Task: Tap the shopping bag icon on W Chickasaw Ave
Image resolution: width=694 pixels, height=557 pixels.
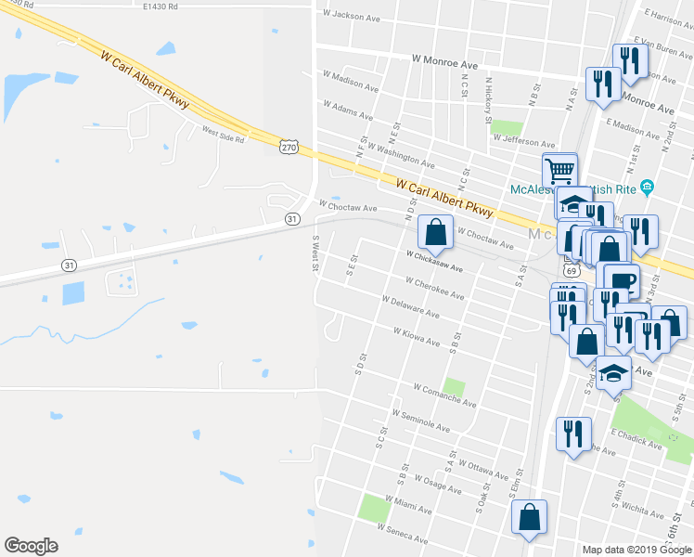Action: click(x=435, y=232)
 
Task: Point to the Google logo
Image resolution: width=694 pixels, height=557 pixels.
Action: click(x=31, y=545)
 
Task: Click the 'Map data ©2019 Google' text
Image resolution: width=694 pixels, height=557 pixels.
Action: click(x=636, y=550)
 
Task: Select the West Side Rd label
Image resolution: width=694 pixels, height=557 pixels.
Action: click(x=223, y=134)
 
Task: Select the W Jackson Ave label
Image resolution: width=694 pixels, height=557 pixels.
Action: click(x=351, y=16)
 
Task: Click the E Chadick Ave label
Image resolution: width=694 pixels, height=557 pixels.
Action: click(x=636, y=439)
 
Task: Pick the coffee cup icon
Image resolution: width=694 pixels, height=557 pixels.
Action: click(x=623, y=279)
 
